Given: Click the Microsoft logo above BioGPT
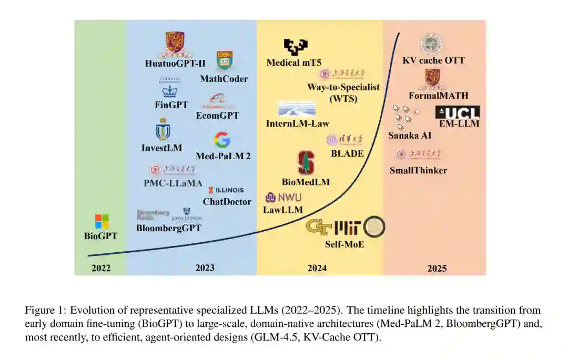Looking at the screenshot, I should [102, 221].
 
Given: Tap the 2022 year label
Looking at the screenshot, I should [101, 268].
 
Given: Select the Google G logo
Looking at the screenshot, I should [222, 140].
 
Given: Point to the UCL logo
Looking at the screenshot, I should [458, 112].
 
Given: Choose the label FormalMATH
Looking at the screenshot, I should [438, 96].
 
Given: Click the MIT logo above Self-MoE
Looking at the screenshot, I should [348, 227].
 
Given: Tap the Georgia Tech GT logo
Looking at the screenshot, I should [319, 227].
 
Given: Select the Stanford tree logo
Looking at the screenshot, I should [306, 163].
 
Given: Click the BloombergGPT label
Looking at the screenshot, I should [169, 228].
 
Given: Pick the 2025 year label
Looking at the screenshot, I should [437, 268].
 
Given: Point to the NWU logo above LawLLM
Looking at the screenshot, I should [284, 198].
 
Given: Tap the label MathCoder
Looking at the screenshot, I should [224, 79].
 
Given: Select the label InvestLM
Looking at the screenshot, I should [161, 148].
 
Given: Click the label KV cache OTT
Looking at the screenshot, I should [433, 60].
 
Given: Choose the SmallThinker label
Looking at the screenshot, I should [418, 170].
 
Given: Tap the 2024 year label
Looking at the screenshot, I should [317, 268].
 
